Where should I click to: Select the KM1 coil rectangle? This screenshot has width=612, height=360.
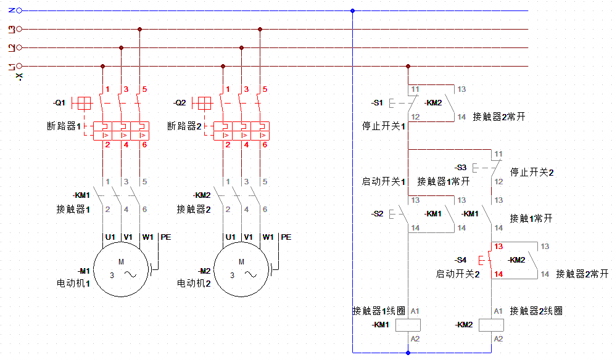click(408, 325)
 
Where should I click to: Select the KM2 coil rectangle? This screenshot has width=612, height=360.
click(492, 325)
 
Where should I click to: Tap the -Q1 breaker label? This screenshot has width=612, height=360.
click(59, 102)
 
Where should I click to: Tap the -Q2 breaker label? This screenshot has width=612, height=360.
click(180, 102)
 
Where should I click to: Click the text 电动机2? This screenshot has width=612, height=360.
click(194, 284)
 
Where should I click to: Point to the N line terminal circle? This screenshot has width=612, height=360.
click(19, 10)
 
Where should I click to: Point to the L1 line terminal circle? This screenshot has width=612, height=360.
click(19, 66)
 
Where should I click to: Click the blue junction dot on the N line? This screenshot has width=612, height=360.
click(352, 10)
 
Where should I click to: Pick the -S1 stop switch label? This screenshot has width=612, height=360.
click(377, 102)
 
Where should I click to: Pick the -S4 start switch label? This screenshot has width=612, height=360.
click(461, 260)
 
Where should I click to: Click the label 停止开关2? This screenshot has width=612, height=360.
click(532, 173)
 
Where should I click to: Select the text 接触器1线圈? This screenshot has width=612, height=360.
click(379, 311)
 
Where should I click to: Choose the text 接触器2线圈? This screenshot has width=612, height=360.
click(536, 311)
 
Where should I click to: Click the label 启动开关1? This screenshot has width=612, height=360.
click(383, 182)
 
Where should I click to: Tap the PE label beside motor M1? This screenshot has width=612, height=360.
click(165, 237)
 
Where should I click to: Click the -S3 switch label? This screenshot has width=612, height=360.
click(461, 167)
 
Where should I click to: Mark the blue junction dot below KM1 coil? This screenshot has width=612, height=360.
click(408, 353)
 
